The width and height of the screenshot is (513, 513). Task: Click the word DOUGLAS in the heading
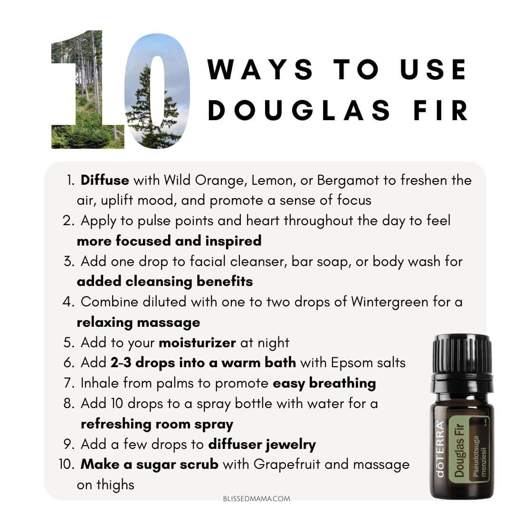[299, 110]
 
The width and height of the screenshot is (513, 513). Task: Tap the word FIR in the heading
[440, 110]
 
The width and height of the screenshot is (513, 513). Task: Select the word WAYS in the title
[260, 69]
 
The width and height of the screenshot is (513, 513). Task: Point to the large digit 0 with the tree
[157, 91]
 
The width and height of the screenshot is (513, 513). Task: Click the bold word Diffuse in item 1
[104, 180]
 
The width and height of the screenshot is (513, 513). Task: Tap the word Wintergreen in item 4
[389, 302]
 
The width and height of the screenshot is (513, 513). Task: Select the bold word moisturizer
[197, 342]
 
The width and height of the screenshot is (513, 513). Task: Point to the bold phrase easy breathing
[324, 384]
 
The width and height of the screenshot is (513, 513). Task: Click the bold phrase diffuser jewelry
[262, 445]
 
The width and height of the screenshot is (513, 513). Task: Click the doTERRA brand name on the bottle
[440, 448]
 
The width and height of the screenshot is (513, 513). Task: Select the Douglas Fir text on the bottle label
[459, 450]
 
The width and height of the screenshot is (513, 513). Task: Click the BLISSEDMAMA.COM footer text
[256, 499]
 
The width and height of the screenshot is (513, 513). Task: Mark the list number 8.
[69, 404]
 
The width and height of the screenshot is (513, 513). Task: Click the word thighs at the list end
[115, 485]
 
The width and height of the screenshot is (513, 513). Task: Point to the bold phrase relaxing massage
[138, 323]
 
